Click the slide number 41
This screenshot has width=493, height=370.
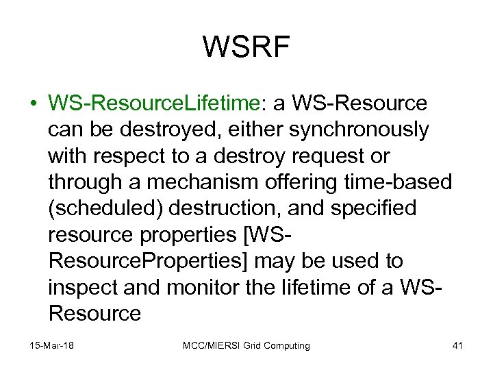(x=458, y=346)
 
